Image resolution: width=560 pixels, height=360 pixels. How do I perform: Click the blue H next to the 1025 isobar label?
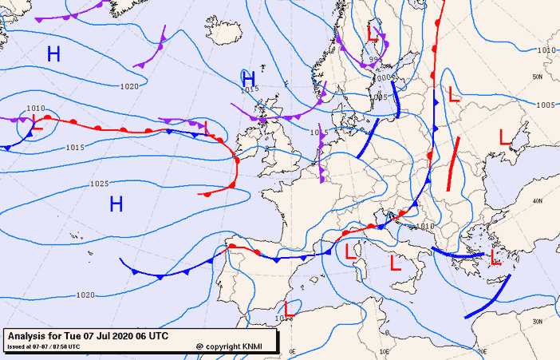(x=116, y=204)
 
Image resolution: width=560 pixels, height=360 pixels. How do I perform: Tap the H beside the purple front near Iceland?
(x=248, y=78)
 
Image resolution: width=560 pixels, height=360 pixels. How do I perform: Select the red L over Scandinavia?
(x=372, y=33)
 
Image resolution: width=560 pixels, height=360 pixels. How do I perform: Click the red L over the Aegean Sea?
(x=495, y=257)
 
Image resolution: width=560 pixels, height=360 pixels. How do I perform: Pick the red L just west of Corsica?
(x=349, y=253)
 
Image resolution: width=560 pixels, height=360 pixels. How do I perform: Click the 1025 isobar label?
(x=99, y=184)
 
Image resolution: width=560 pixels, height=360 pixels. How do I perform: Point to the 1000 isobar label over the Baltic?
(x=384, y=78)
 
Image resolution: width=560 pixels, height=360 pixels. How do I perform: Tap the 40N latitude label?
(x=538, y=201)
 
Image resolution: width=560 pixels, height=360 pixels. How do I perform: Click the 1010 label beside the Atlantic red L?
(x=36, y=108)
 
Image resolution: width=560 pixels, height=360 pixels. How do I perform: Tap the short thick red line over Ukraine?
(x=453, y=165)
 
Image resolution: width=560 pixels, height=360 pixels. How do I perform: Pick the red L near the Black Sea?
(x=504, y=136)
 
